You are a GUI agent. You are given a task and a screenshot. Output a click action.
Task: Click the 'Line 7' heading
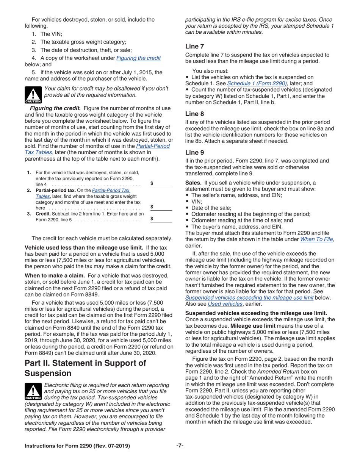click(x=194, y=46)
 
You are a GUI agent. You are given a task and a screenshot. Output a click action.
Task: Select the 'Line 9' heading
click(x=194, y=152)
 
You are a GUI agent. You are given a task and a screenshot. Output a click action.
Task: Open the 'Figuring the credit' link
click(x=138, y=58)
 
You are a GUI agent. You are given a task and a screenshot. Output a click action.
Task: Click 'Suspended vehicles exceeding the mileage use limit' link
click(x=249, y=297)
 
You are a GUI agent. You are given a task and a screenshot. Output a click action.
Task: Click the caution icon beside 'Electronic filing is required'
click(x=33, y=393)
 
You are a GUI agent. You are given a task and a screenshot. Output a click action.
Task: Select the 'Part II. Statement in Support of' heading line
click(x=85, y=363)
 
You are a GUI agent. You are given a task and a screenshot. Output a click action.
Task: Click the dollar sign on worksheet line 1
click(x=152, y=183)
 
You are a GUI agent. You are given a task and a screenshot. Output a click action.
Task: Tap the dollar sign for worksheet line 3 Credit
click(x=152, y=218)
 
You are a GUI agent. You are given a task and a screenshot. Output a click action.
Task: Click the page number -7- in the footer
click(x=180, y=446)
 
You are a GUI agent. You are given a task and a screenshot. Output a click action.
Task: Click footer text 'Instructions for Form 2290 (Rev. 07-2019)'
click(x=77, y=446)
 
